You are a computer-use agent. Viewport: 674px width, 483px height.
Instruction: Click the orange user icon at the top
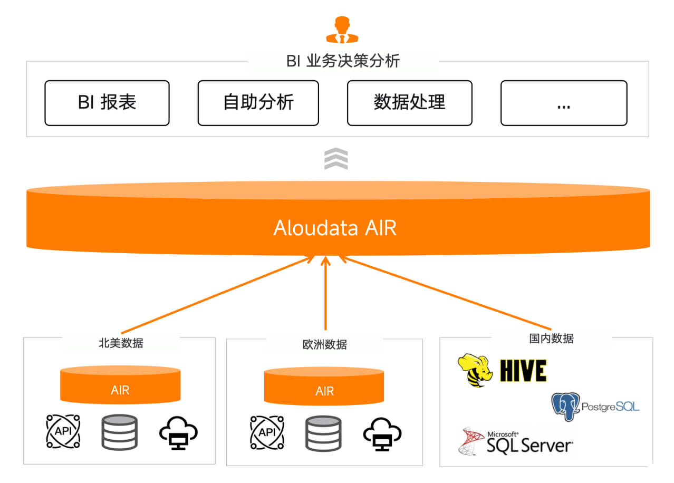[x=342, y=30]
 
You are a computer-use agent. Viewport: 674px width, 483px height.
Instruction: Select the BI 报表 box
[x=107, y=103]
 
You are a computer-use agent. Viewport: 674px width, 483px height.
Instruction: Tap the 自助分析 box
[x=258, y=103]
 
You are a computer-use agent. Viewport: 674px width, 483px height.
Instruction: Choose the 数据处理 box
[x=409, y=103]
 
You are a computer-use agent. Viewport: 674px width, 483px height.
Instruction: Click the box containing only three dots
[x=563, y=103]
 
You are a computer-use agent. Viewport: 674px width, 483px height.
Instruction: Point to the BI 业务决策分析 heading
[x=343, y=61]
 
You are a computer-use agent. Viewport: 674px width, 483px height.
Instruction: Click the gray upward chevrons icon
[x=336, y=159]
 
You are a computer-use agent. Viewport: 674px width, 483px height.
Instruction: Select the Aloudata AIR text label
[x=335, y=228]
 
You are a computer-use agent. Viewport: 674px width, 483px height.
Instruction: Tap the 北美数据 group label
[x=121, y=343]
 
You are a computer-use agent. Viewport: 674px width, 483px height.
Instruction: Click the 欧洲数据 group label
[x=324, y=345]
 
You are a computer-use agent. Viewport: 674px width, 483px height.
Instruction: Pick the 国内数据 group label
[x=551, y=339]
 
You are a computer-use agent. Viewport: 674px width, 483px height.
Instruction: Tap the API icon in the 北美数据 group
[x=63, y=431]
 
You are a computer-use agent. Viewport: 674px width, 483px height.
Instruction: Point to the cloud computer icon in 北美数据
[x=178, y=433]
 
